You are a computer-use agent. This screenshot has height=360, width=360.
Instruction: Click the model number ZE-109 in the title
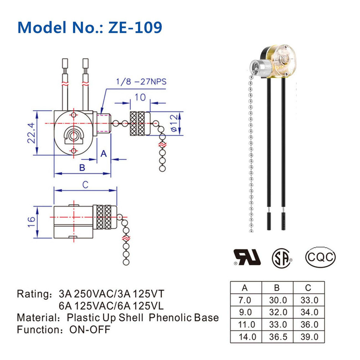(x=135, y=27)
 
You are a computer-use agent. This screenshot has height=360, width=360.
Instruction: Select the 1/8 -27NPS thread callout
(x=141, y=81)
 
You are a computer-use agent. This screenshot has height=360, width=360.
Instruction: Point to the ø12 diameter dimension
(x=173, y=124)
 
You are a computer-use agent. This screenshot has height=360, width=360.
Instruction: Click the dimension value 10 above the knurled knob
(x=140, y=97)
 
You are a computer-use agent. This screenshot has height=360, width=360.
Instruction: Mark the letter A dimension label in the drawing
(x=104, y=153)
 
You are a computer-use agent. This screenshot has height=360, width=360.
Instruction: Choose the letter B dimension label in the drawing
(x=82, y=167)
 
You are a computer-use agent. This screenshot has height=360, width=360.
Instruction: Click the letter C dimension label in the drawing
(x=85, y=185)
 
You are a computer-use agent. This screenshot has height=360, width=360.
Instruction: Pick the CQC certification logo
(x=320, y=257)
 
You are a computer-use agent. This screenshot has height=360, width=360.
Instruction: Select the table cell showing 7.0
(x=246, y=300)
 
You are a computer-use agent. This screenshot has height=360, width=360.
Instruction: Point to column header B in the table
(x=277, y=288)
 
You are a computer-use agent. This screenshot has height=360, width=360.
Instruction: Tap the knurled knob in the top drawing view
(x=138, y=123)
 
